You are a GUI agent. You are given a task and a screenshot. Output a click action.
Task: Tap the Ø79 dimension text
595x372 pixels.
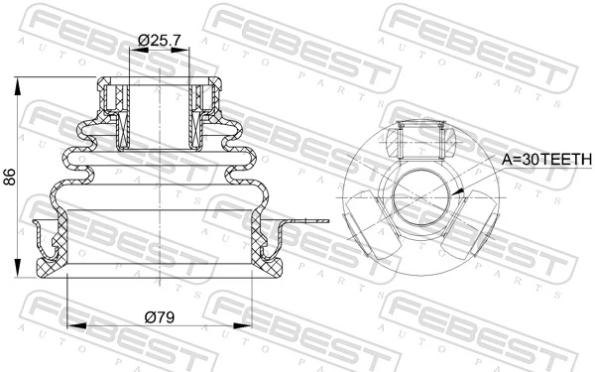[x=160, y=317]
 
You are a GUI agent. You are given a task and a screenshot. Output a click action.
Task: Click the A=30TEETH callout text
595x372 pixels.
[x=545, y=158]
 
